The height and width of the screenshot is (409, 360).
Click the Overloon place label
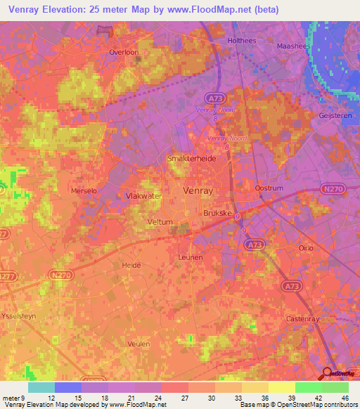coord(122,52)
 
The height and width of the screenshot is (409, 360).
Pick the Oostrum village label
coord(267,188)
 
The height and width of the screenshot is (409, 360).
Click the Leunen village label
coord(191,257)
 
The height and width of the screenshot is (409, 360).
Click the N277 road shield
coord(6,277)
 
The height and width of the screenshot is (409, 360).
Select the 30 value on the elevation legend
coord(210,397)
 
